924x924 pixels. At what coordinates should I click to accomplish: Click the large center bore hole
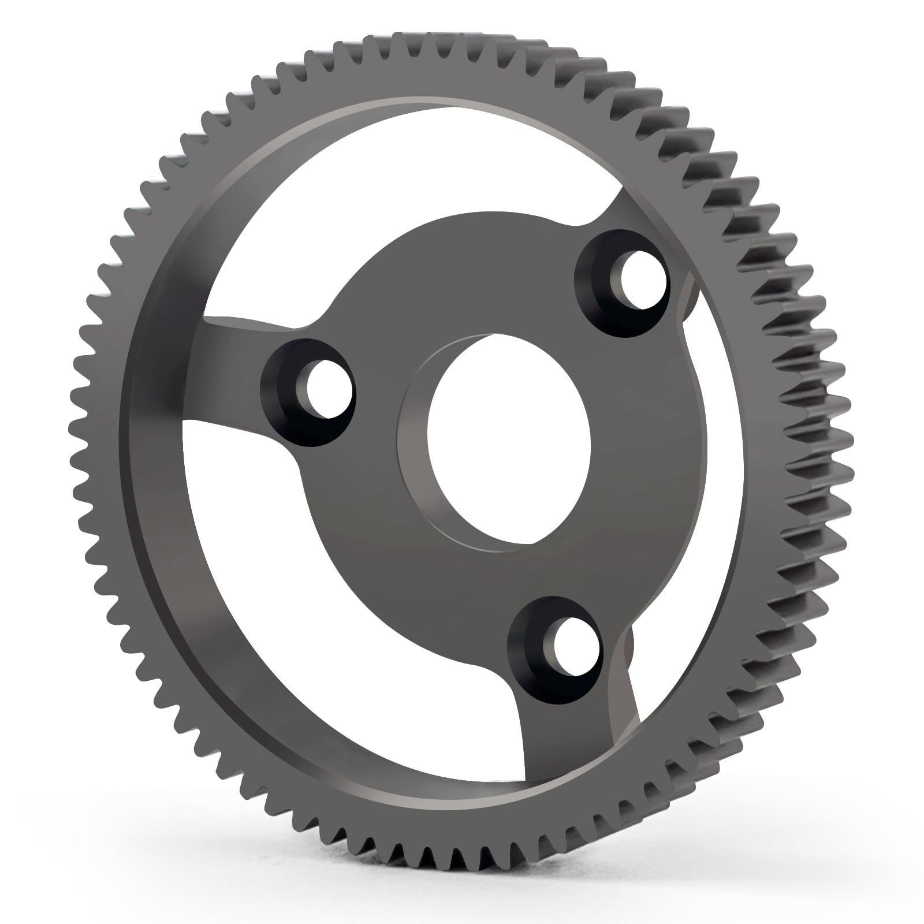click(x=508, y=439)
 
